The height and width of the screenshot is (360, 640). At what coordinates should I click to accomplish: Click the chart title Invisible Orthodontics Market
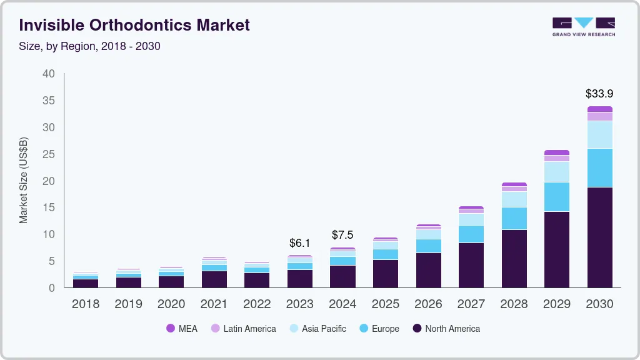pos(134,25)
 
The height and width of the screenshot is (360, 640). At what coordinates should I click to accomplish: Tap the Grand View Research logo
pos(583,26)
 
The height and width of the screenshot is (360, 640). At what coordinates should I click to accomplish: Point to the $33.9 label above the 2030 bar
pos(599,94)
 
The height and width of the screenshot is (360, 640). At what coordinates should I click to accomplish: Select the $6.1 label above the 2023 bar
pos(299,243)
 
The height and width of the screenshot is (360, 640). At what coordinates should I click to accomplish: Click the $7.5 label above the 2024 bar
pos(342,235)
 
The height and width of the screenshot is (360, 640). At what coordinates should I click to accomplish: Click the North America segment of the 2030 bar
pos(599,237)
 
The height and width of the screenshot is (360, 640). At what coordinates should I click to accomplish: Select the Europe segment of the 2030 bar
pos(599,167)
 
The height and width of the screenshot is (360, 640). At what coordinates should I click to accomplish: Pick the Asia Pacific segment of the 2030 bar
pos(599,134)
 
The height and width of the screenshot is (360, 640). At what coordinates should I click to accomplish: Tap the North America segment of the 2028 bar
pos(514,259)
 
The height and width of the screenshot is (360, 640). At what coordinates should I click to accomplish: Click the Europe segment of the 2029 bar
pos(556,197)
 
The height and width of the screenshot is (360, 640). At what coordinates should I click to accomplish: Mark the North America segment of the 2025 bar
pos(385,274)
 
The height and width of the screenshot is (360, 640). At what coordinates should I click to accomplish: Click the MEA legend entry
pos(182,328)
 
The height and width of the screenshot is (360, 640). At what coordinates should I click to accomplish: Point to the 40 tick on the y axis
pos(49,74)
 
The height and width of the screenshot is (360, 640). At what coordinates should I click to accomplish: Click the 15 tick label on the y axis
pos(49,207)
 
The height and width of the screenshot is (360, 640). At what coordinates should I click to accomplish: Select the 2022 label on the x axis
pos(257,304)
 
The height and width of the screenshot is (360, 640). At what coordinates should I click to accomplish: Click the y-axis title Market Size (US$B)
pos(24,179)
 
